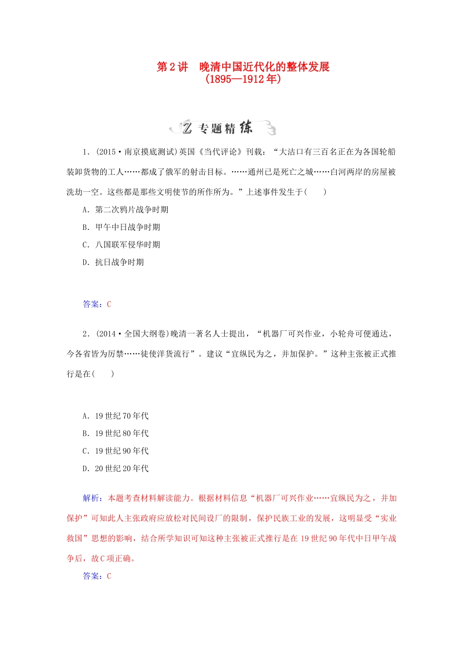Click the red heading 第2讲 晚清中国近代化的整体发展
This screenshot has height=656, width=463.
[243, 67]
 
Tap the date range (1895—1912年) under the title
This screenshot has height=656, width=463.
[243, 79]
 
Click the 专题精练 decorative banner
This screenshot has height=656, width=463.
[223, 128]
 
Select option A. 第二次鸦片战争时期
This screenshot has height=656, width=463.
[125, 210]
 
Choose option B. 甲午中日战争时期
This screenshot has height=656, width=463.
[121, 227]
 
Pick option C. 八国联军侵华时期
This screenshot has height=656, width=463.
[121, 245]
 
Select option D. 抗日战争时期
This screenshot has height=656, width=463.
[113, 263]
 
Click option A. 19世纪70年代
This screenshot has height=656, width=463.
[116, 416]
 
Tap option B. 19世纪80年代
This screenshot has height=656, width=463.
[116, 434]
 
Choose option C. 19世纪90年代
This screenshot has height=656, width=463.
[116, 451]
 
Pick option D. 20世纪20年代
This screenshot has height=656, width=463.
[116, 469]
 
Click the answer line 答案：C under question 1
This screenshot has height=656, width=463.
[97, 305]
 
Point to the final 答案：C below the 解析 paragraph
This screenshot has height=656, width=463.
[97, 576]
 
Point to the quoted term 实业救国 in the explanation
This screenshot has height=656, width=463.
[388, 518]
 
